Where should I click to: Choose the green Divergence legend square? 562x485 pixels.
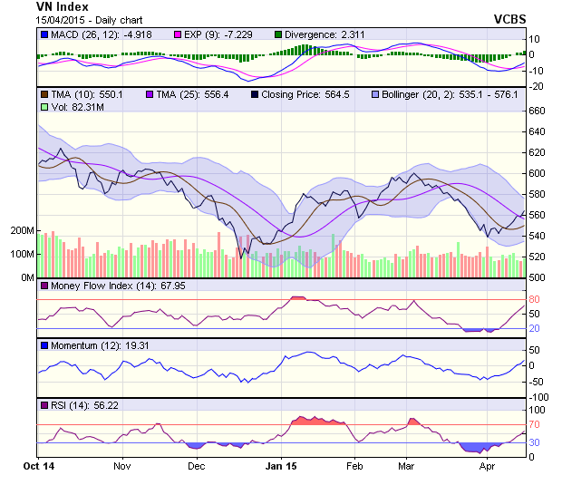pyautogui.click(x=277, y=34)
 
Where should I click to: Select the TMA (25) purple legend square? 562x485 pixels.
pyautogui.click(x=150, y=93)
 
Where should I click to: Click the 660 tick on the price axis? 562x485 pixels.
pyautogui.click(x=538, y=111)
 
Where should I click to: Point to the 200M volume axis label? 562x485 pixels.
pyautogui.click(x=21, y=231)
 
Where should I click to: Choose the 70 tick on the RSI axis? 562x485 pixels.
pyautogui.click(x=536, y=424)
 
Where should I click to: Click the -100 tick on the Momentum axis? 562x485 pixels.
pyautogui.click(x=538, y=397)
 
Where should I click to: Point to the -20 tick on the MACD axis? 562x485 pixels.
pyautogui.click(x=536, y=87)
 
